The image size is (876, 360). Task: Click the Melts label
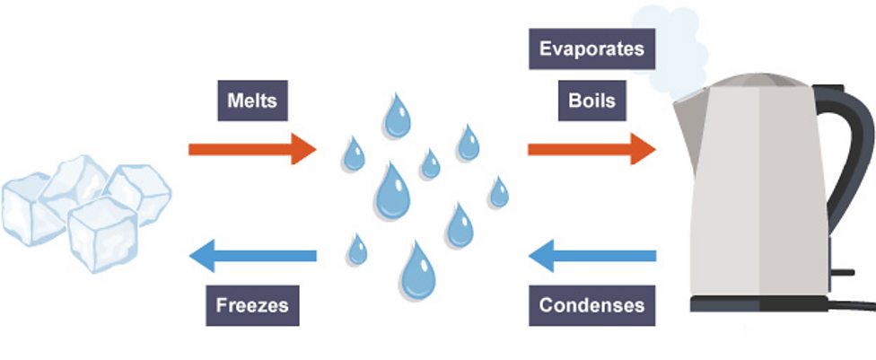[x=253, y=101]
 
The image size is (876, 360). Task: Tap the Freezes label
[x=252, y=304]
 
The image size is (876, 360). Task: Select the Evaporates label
[x=591, y=48]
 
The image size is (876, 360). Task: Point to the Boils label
[x=591, y=99]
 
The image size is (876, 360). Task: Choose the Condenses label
[x=591, y=304]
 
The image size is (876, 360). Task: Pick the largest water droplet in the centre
[x=392, y=192]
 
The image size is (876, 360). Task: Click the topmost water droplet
[x=396, y=114]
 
